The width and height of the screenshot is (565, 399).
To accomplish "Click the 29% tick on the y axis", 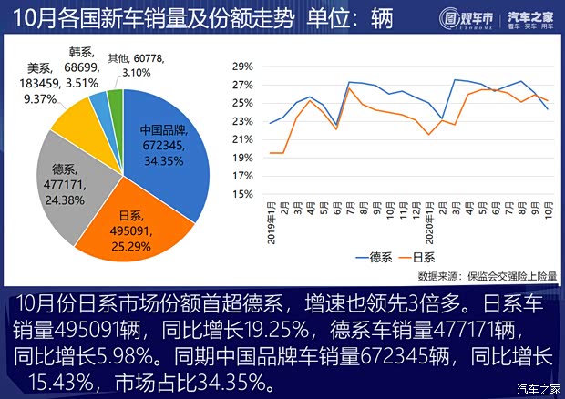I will point(241,67).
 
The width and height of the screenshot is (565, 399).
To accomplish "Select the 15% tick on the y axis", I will point(241,194).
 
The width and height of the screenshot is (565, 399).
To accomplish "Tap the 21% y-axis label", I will point(241,139).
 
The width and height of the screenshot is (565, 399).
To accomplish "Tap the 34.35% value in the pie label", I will point(163,161).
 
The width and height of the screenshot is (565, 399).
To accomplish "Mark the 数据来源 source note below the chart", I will point(488,275).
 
